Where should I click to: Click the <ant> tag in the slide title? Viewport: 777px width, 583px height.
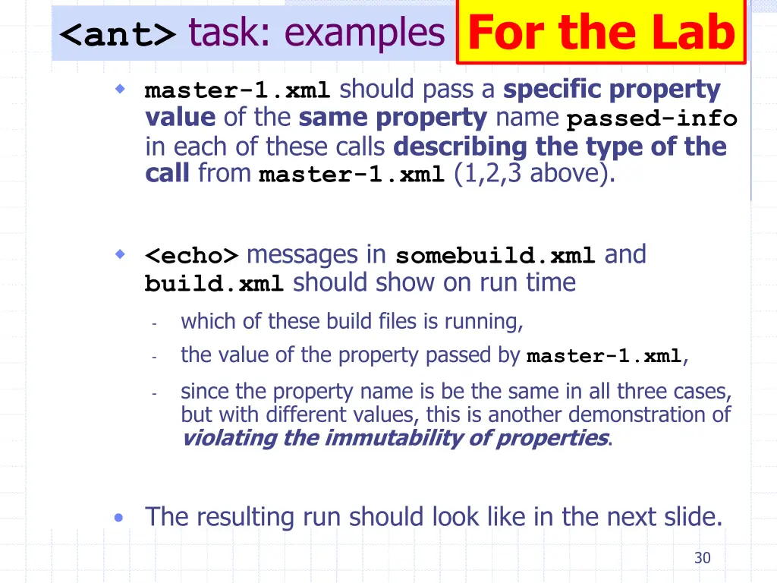[x=118, y=35]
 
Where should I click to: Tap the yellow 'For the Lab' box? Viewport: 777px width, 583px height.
[x=602, y=33]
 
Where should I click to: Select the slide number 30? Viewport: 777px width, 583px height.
[x=702, y=558]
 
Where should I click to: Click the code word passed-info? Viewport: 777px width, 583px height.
[x=652, y=119]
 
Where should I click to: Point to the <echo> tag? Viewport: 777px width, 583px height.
[x=192, y=255]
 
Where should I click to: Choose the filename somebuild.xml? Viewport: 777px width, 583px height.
[x=495, y=256]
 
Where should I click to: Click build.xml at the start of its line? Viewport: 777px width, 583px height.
[x=214, y=284]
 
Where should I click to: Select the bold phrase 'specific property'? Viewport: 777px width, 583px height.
[x=612, y=90]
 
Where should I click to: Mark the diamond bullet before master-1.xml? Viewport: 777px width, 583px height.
[x=119, y=90]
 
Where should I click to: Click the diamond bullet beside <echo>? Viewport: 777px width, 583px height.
[x=119, y=254]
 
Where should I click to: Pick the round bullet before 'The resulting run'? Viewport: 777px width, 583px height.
[x=118, y=518]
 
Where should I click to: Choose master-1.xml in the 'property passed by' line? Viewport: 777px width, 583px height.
[x=604, y=356]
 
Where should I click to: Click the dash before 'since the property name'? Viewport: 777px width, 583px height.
[x=154, y=393]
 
